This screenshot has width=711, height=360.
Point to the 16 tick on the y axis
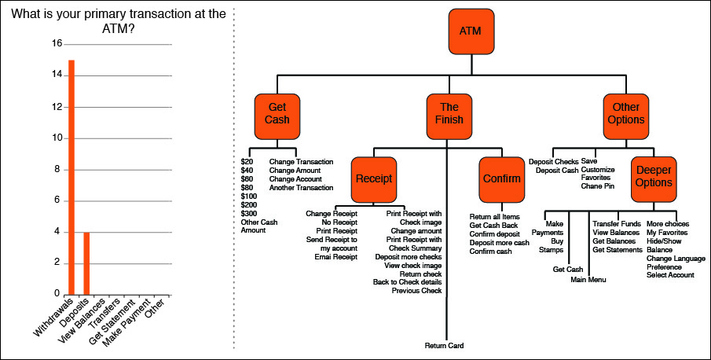(56, 44)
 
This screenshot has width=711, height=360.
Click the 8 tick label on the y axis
(57, 168)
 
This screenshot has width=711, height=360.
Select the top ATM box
(471, 31)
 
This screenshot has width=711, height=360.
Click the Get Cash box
(277, 114)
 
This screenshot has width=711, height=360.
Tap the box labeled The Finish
(450, 114)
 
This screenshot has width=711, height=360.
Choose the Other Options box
(625, 114)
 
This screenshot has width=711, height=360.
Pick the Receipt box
(373, 178)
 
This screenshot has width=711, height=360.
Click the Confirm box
(501, 178)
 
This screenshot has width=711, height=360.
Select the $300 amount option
(249, 213)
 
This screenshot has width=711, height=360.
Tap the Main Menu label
(588, 279)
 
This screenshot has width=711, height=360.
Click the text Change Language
(676, 258)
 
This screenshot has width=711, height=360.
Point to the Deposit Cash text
(556, 171)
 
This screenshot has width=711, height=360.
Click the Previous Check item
(416, 291)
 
